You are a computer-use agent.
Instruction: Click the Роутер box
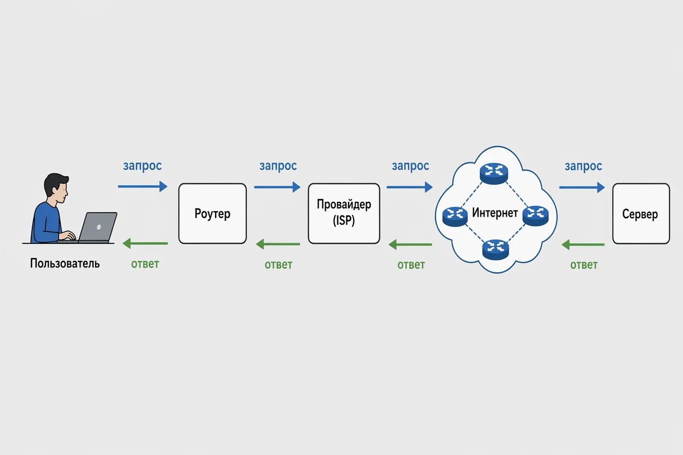pos(212,213)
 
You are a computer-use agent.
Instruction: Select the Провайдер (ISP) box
pos(344,213)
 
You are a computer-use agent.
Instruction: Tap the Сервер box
pos(641,214)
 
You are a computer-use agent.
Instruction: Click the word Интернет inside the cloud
pos(495,212)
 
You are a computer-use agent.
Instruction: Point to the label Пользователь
pos(65,263)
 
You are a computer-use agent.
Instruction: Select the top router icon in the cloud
pos(494,173)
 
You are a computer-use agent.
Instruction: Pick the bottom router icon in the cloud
pos(495,249)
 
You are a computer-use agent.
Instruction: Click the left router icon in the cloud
pos(455,217)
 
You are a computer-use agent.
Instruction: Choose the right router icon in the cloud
pos(535,216)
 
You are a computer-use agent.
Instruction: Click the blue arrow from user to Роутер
pos(143,186)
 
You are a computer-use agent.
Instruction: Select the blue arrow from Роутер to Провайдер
pos(277,187)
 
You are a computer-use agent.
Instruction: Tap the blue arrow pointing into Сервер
pos(582,187)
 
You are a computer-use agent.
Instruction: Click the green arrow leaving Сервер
pos(583,244)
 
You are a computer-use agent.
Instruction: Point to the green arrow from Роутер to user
pos(145,243)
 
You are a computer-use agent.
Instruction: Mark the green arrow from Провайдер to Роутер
pos(278,244)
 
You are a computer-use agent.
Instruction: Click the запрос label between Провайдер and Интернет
pos(410,166)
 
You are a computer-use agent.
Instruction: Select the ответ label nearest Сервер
pos(583,265)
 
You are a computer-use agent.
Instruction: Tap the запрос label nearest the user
pos(142,166)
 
